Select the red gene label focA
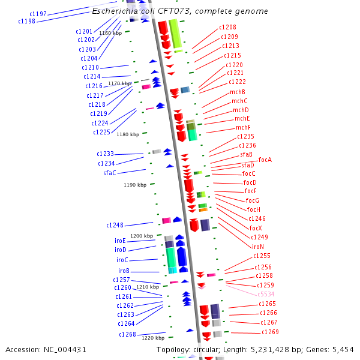coord(265,160)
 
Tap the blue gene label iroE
coord(120,241)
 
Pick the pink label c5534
coord(266,294)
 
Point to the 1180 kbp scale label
coord(128,134)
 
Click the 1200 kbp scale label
coord(142,236)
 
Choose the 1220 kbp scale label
coord(153,338)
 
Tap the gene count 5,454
coord(343,349)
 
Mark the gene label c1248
coord(115,226)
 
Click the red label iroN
coord(258,247)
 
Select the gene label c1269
coord(270,332)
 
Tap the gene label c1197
coord(38,13)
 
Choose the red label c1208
coord(227,28)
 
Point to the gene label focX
coord(256,228)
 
